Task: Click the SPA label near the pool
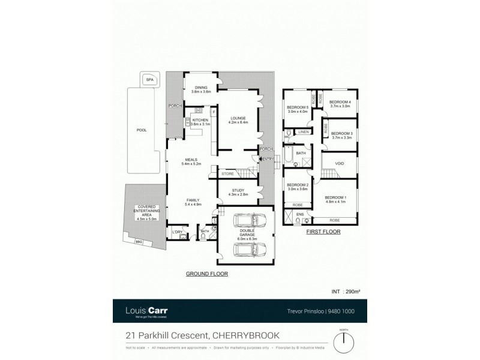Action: pyautogui.click(x=148, y=79)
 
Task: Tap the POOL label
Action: pyautogui.click(x=142, y=130)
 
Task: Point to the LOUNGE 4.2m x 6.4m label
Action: pyautogui.click(x=238, y=120)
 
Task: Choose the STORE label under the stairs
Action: pyautogui.click(x=227, y=175)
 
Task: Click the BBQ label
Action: pyautogui.click(x=139, y=242)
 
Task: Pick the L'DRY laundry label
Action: pyautogui.click(x=177, y=232)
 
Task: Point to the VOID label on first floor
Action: pyautogui.click(x=340, y=163)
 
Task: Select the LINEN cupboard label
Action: pyautogui.click(x=303, y=131)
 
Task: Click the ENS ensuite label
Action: pyautogui.click(x=300, y=213)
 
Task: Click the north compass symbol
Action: pyautogui.click(x=344, y=343)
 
